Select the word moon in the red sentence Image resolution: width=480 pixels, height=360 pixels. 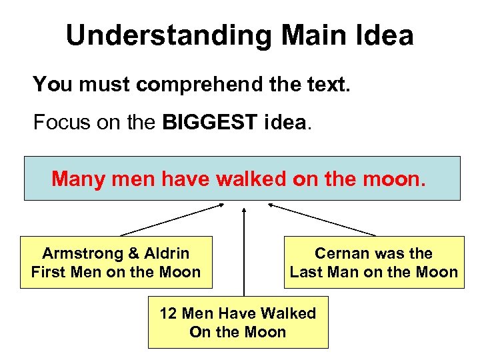pyautogui.click(x=397, y=179)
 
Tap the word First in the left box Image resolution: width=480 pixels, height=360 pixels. pyautogui.click(x=50, y=272)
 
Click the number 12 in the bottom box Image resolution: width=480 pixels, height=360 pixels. pyautogui.click(x=169, y=314)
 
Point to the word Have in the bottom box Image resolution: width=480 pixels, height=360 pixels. pyautogui.click(x=239, y=314)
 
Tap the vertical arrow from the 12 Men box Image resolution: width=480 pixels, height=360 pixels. pyautogui.click(x=244, y=253)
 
